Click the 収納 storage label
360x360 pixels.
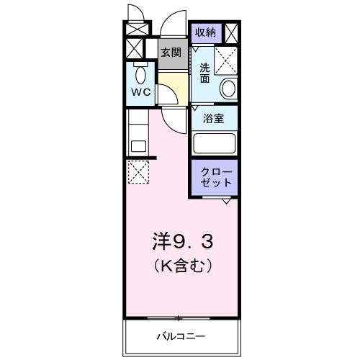205,32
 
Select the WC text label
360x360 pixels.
140,92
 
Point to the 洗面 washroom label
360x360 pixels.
204,73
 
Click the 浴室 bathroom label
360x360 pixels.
215,118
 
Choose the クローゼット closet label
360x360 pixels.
215,177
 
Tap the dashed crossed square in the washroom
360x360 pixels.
227,61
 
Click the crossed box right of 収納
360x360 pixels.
232,33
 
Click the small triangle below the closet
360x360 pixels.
227,200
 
